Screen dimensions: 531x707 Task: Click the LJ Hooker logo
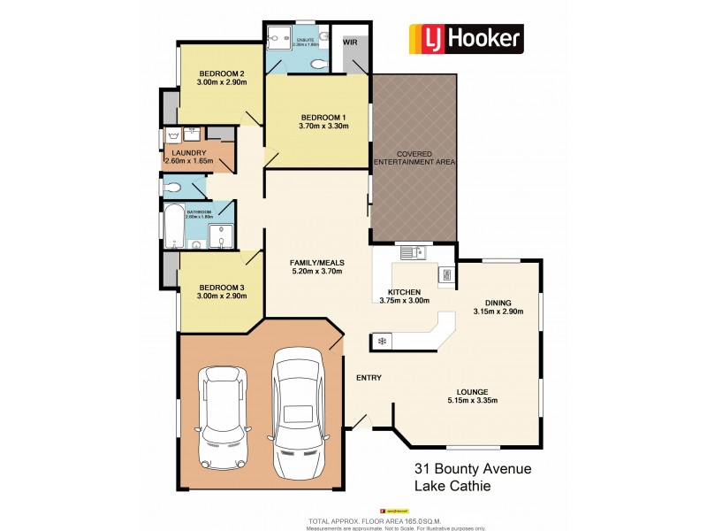tap(465, 37)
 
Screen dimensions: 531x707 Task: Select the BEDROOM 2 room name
tap(221, 73)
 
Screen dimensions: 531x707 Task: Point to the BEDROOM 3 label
tap(221, 288)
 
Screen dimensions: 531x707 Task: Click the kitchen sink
tap(413, 253)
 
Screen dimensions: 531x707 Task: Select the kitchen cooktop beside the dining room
tap(447, 274)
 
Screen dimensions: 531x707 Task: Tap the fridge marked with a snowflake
tap(382, 341)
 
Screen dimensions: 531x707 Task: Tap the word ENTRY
tap(369, 378)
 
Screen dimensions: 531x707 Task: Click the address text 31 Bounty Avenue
tap(473, 469)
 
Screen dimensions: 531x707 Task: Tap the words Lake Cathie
tap(455, 487)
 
